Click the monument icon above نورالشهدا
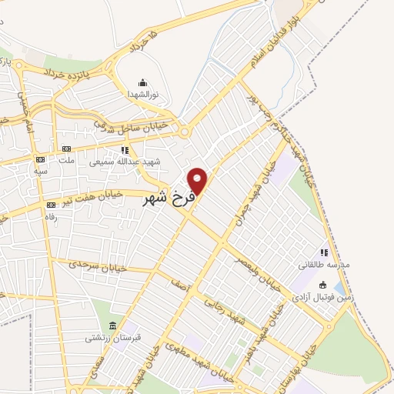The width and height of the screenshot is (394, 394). coord(142,82)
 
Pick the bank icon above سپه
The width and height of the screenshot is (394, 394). coord(38,159)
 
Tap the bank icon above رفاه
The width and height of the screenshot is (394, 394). coord(52,205)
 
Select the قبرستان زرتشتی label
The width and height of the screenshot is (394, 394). coord(113,338)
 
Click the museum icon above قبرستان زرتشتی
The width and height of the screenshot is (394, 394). coord(113,326)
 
